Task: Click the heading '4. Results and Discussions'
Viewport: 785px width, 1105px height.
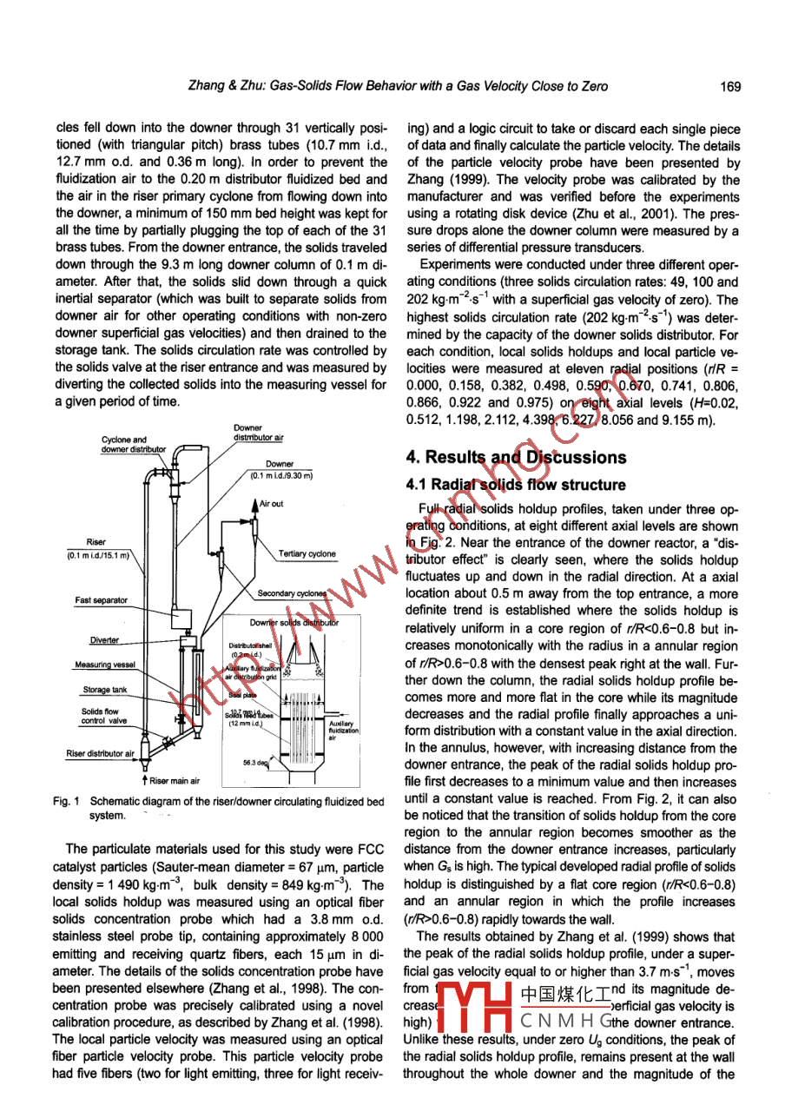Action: tap(516, 457)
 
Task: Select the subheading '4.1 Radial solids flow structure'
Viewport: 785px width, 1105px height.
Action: tap(516, 484)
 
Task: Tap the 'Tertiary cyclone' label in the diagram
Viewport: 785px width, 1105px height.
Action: tap(307, 554)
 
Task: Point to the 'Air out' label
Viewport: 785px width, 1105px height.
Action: tap(271, 504)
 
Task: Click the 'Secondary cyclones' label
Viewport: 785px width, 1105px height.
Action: tap(291, 594)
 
